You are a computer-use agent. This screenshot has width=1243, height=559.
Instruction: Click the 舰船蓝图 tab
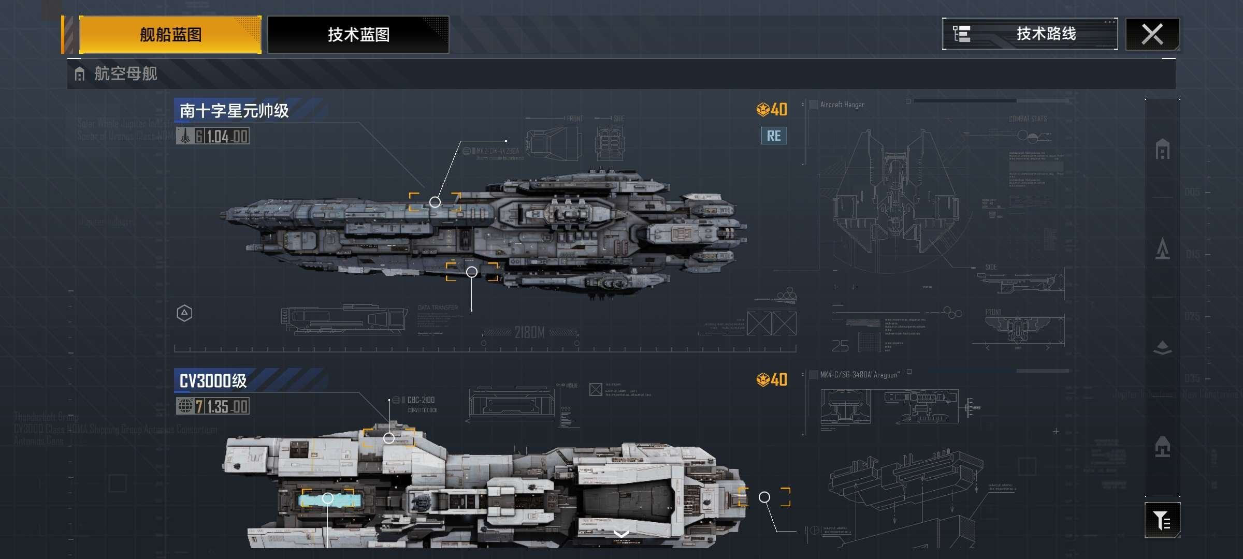coord(170,35)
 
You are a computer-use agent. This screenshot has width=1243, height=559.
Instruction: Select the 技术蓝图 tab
coord(358,35)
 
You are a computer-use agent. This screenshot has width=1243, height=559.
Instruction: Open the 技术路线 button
coord(1030,34)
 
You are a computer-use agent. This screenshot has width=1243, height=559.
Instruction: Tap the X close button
coord(1152,35)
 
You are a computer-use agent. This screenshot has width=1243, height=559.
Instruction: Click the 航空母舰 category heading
coord(125,74)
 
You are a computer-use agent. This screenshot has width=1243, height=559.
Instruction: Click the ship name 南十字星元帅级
coord(234,110)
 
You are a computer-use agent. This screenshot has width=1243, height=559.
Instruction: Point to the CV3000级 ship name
coord(213,381)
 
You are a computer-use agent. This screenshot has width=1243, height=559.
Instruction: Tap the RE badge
coord(774,136)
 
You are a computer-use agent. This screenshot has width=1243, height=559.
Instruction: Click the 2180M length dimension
coord(529,332)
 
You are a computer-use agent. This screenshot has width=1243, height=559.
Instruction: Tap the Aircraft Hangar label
coord(842,105)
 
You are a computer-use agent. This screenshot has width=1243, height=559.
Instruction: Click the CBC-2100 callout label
coord(421,400)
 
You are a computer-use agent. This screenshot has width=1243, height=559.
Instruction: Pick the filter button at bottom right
coord(1162,520)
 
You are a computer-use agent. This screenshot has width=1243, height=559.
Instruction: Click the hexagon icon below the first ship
coord(184,313)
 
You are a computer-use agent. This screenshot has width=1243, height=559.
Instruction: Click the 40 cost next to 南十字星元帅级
coord(772,110)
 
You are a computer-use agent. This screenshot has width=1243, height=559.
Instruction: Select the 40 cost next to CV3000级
coord(772,380)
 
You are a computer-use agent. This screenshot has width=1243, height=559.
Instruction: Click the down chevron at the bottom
coord(621,534)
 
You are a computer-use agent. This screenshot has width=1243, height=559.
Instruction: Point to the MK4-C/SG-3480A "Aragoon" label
coord(860,375)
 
